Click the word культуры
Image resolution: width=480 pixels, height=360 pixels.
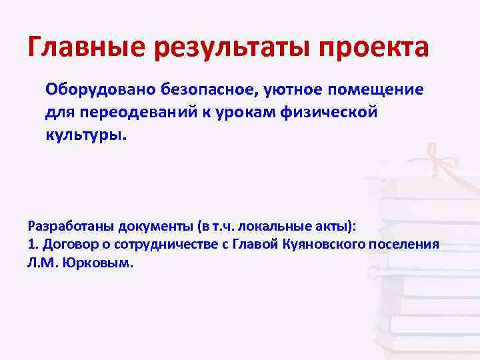tap(85, 134)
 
